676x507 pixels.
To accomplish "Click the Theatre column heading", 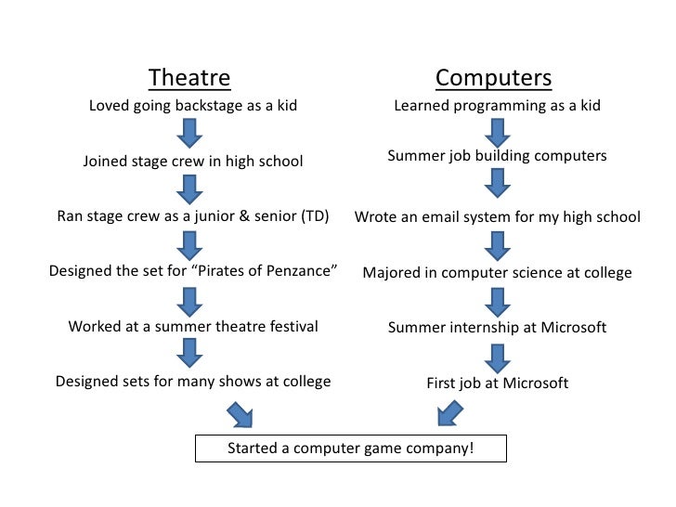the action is (189, 77).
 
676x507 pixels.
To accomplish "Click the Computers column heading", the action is (493, 77).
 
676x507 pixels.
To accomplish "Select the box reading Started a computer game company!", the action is (351, 448).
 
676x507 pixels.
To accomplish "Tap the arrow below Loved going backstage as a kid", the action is (190, 134).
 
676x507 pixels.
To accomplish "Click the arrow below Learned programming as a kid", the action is (498, 134).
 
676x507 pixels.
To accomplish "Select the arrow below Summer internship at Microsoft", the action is (498, 357).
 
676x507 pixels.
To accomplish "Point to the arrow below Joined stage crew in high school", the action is (190, 189).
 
